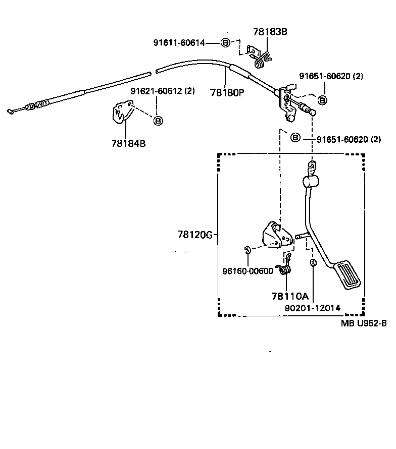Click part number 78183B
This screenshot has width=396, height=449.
pos(270,32)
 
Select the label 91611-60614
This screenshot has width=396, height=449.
pos(179,43)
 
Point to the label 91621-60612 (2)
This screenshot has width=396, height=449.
pos(162,91)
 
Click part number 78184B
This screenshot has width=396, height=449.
pos(128,143)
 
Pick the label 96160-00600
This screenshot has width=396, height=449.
pos(247,270)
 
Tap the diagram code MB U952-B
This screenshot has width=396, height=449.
pos(364,323)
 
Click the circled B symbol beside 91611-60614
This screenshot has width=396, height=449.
pos(225,43)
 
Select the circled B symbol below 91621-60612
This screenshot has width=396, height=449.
pos(158,121)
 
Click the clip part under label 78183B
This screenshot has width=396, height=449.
pos(259,56)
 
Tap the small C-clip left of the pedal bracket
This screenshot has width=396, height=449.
pos(247,249)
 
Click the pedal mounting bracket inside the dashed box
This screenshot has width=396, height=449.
pos(275,238)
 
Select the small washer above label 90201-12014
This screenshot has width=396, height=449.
pos(313,262)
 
